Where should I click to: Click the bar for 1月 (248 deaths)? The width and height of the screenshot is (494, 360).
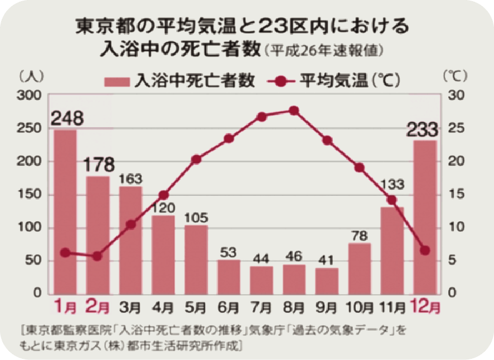tap(65, 212)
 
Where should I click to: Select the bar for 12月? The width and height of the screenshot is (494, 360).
tap(425, 216)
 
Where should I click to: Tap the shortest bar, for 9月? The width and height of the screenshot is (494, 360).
tap(326, 281)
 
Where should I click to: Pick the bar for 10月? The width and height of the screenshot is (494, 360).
tap(359, 269)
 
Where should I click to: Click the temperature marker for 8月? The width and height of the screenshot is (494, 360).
tap(294, 111)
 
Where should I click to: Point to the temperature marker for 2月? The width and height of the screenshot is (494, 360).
tap(98, 256)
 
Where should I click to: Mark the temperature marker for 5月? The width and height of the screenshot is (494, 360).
tap(196, 159)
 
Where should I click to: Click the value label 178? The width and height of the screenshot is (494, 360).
tap(98, 164)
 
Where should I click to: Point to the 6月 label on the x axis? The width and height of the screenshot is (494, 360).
tap(229, 306)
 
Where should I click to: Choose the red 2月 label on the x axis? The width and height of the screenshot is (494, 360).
tap(98, 306)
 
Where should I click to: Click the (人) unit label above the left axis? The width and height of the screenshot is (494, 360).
tap(28, 76)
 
